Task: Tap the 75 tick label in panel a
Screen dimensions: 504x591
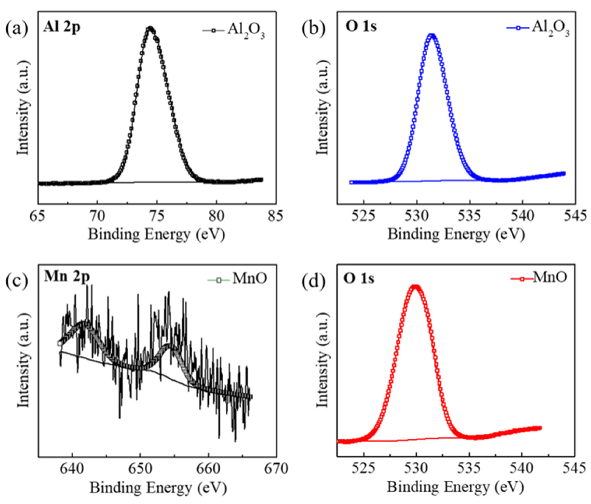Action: click(157, 216)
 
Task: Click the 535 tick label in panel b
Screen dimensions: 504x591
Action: click(470, 216)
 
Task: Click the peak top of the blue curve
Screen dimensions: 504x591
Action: click(432, 36)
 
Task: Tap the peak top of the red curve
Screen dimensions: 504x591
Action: click(416, 287)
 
